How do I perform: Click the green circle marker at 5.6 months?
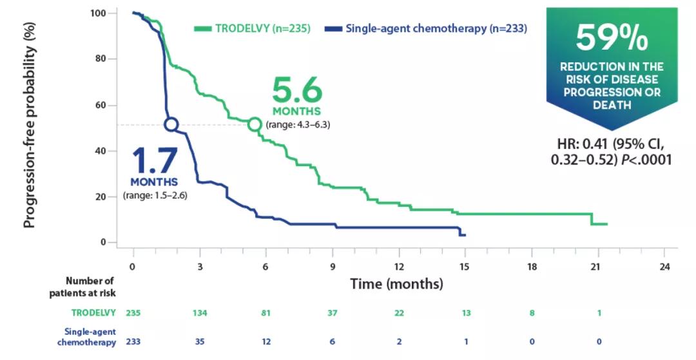click(x=255, y=124)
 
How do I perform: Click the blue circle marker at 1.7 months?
click(x=171, y=124)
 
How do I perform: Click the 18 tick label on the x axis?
click(x=532, y=267)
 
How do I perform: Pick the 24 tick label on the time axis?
click(x=665, y=267)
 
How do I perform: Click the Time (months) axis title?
click(x=396, y=283)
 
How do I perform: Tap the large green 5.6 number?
click(x=296, y=91)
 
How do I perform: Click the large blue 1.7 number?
click(x=154, y=161)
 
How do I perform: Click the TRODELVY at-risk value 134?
click(x=200, y=313)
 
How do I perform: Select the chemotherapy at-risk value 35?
click(x=200, y=341)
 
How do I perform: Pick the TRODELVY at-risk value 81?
click(x=266, y=313)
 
